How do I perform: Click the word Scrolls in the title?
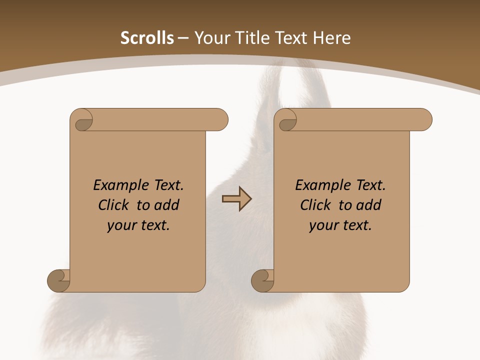pos(147,38)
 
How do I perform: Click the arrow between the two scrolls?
pos(236,199)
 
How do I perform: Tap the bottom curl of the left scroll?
pos(59,280)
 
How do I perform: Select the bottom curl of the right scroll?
pos(263,280)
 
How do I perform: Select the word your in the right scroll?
pos(323,226)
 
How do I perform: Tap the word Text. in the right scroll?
pos(370,185)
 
